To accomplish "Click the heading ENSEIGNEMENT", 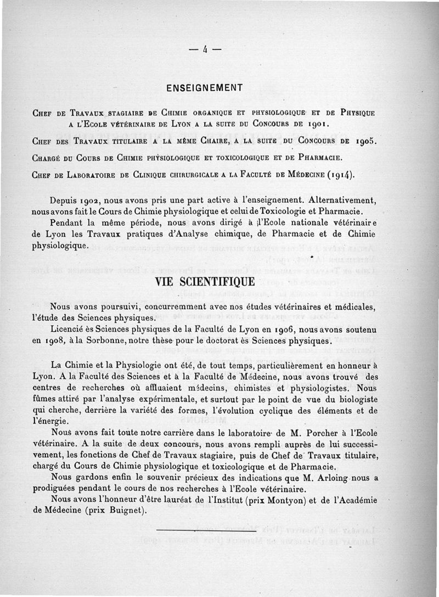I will click(x=204, y=88).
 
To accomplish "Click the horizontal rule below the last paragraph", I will click(x=206, y=531).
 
